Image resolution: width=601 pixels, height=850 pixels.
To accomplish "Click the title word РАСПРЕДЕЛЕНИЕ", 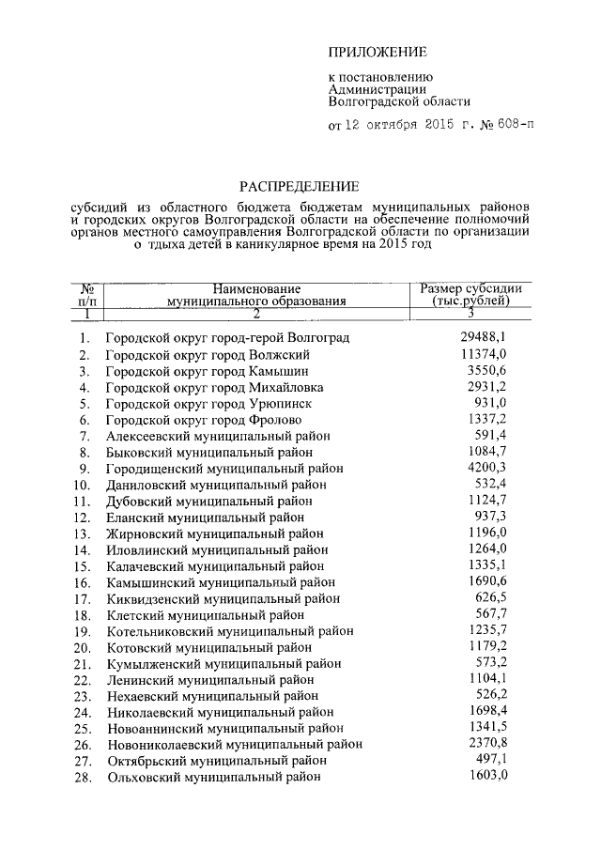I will (x=298, y=186).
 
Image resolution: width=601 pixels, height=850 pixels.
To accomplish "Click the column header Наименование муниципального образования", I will (x=255, y=295).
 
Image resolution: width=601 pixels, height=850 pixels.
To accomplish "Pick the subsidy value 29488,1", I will (x=486, y=337).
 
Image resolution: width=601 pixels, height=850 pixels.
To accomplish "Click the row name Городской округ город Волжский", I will (x=208, y=355).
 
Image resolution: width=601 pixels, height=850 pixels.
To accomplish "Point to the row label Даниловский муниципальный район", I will (x=217, y=485).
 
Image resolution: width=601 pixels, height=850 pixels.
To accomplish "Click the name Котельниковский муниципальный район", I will (x=229, y=631).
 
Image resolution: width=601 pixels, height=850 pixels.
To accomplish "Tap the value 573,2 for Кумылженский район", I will (x=493, y=663).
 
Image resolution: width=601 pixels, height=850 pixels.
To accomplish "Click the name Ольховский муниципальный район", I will (x=214, y=777).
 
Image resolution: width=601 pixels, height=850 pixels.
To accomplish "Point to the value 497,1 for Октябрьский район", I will (x=493, y=759).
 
